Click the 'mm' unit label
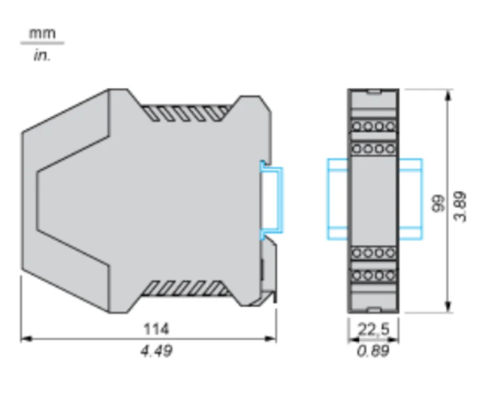click(x=41, y=34)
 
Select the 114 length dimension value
click(x=156, y=329)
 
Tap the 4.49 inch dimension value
click(x=156, y=350)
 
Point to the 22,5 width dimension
click(x=373, y=329)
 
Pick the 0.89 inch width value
click(x=373, y=350)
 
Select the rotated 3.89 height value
click(x=460, y=205)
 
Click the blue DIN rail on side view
click(x=273, y=201)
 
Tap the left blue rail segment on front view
click(x=337, y=199)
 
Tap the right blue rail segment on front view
click(x=411, y=199)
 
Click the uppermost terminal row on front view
click(x=373, y=126)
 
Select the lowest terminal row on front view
click(x=373, y=275)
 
